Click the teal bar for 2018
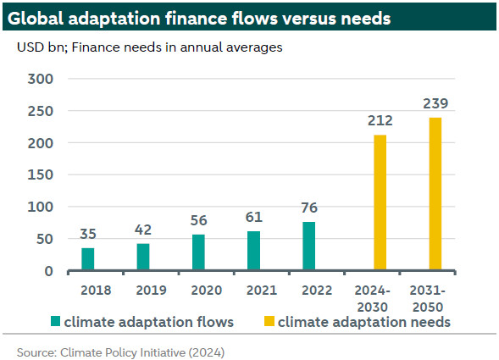click(x=88, y=259)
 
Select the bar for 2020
click(x=198, y=252)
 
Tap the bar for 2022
click(x=308, y=246)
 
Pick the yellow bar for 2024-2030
click(x=380, y=202)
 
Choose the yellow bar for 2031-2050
click(x=435, y=194)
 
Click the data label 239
click(x=435, y=103)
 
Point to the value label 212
click(x=380, y=120)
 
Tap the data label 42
click(x=143, y=230)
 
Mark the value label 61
click(x=253, y=218)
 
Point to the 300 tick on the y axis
click(x=41, y=79)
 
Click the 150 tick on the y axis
click(x=41, y=174)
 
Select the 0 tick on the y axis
click(x=48, y=271)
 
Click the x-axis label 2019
click(x=151, y=291)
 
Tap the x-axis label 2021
click(x=262, y=291)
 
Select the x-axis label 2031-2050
click(x=427, y=298)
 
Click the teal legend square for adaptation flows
click(x=55, y=321)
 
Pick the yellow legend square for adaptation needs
click(x=269, y=321)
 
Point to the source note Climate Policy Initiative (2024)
click(x=142, y=352)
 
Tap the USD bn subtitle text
click(x=42, y=47)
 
